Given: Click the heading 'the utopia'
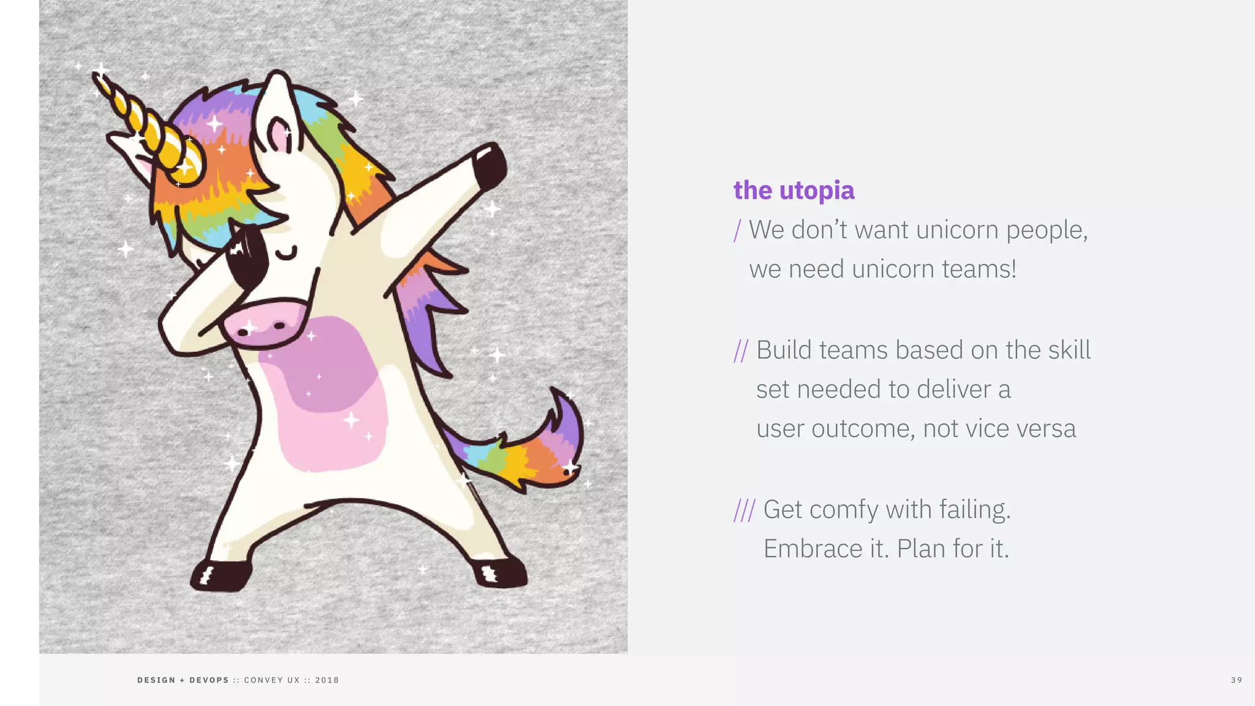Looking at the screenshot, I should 794,191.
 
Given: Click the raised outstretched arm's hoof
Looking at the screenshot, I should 490,164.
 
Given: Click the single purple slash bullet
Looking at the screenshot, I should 738,231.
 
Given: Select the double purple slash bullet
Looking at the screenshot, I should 741,351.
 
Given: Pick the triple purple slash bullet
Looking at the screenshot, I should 745,511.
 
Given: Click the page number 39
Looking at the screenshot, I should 1236,680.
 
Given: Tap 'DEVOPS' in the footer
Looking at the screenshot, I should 209,680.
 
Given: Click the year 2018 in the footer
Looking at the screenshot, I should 327,680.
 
